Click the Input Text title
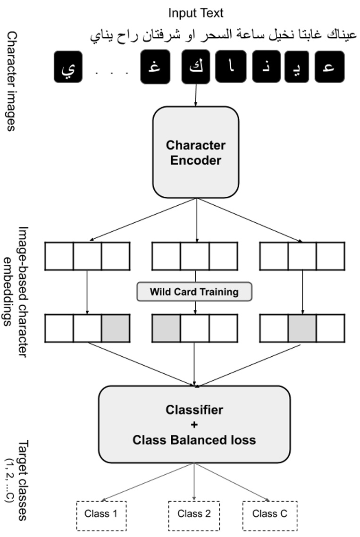pos(195,13)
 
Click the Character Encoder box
pos(195,152)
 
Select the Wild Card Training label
pos(194,292)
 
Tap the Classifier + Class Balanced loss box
pos(194,425)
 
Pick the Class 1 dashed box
pos(101,514)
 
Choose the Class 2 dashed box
pos(194,514)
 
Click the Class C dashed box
pos(269,514)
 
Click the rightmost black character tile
pos(330,67)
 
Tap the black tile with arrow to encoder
pos(196,67)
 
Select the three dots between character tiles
pos(112,73)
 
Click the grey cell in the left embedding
pos(116,327)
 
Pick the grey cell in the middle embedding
pos(166,327)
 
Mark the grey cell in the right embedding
pos(302,327)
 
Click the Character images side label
pos(11,81)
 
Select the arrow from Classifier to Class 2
pos(194,481)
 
